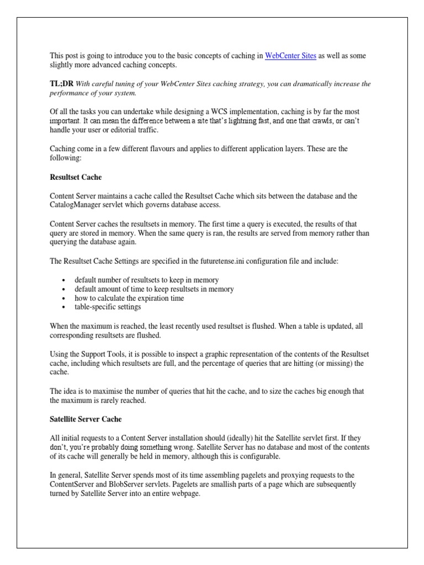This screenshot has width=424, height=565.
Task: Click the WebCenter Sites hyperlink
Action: coord(290,56)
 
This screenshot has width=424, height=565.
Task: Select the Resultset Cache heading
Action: coord(76,178)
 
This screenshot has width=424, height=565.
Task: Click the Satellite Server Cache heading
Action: coord(86,419)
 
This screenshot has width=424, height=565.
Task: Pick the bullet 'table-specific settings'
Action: coord(108,307)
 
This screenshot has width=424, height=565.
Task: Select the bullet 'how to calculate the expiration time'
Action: coord(129,298)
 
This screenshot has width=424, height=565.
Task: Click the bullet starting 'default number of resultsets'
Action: coord(147,280)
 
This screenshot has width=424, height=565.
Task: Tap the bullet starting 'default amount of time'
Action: coord(154,289)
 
